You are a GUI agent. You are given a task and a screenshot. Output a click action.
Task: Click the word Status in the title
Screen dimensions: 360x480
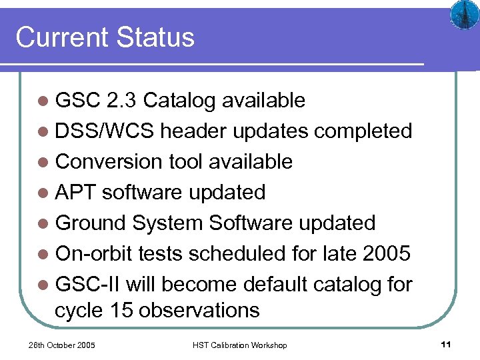(x=154, y=37)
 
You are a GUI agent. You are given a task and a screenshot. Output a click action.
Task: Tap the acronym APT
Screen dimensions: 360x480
(x=76, y=192)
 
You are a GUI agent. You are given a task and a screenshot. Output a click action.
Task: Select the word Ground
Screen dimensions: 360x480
(x=91, y=223)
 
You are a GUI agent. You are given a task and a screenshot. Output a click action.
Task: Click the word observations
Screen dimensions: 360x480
(x=200, y=310)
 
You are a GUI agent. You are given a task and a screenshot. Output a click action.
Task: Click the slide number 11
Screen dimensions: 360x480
(x=446, y=345)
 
